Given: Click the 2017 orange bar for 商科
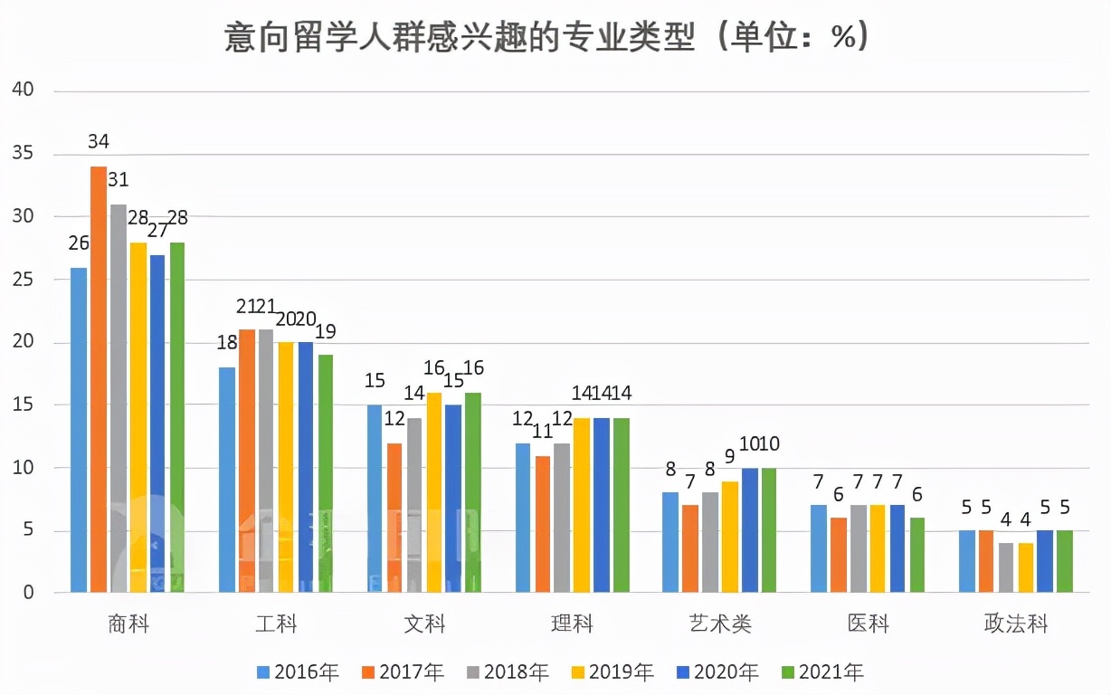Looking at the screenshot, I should [x=99, y=380].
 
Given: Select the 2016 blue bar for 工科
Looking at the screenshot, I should [x=227, y=480].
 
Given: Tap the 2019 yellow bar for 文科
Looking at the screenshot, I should [x=434, y=493].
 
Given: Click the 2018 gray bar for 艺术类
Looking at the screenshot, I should [x=710, y=543].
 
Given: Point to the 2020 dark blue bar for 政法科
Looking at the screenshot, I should [x=1046, y=561].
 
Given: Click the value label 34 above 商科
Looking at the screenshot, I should [x=99, y=142].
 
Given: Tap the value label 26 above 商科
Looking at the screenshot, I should [x=79, y=243].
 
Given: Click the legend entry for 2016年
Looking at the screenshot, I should [x=298, y=671].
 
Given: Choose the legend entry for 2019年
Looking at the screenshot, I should [x=612, y=671].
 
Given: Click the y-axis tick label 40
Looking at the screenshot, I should [x=22, y=90].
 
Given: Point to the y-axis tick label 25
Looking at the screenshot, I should [x=22, y=280].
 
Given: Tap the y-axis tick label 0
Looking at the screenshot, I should [x=28, y=594].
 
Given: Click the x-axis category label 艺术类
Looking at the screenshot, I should [x=719, y=624].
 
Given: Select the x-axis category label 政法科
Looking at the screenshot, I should [x=1016, y=624].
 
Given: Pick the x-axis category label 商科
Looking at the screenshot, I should [x=128, y=624].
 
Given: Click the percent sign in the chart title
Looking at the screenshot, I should [x=842, y=37].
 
